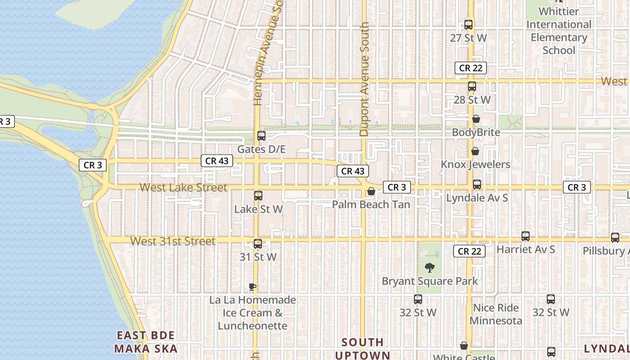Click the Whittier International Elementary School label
(x=559, y=31)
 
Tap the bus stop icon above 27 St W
(x=468, y=25)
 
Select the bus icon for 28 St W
(x=472, y=86)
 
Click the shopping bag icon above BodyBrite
(x=476, y=119)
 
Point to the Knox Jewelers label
(x=475, y=164)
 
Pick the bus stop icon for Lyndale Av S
(x=477, y=184)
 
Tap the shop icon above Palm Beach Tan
(x=371, y=191)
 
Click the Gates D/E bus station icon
(x=261, y=135)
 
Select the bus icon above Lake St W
(x=258, y=196)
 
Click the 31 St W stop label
(x=258, y=257)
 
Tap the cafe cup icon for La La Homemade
(x=252, y=287)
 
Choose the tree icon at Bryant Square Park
(x=430, y=268)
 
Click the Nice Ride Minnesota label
(x=495, y=314)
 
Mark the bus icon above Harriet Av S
(x=525, y=236)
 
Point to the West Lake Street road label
(x=183, y=187)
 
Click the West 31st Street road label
(x=173, y=241)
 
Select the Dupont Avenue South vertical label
(x=364, y=79)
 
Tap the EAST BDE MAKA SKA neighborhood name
(x=146, y=342)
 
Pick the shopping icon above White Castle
(x=464, y=346)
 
